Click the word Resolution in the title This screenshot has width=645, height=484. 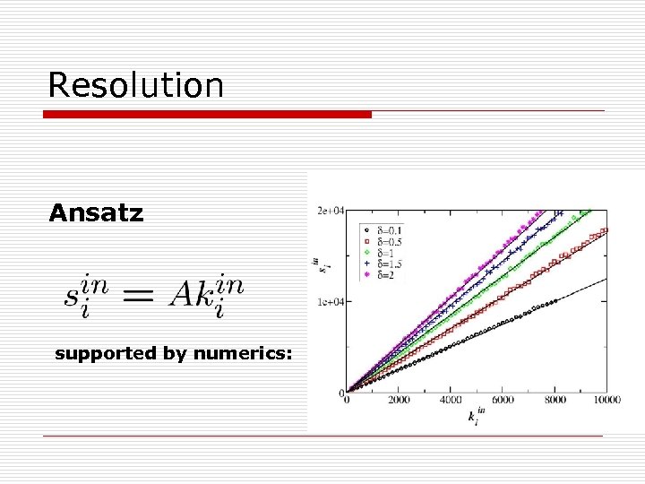click(x=135, y=85)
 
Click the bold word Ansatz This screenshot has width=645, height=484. click(x=96, y=213)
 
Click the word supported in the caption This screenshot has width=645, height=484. click(x=105, y=353)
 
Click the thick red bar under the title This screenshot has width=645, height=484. click(x=208, y=115)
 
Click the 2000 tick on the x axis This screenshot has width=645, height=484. click(x=399, y=400)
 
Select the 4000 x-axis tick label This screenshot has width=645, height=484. click(x=451, y=400)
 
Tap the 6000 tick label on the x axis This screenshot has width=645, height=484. click(x=503, y=400)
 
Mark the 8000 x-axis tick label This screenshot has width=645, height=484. click(x=555, y=400)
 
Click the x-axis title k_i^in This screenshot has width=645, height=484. click(x=476, y=416)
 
